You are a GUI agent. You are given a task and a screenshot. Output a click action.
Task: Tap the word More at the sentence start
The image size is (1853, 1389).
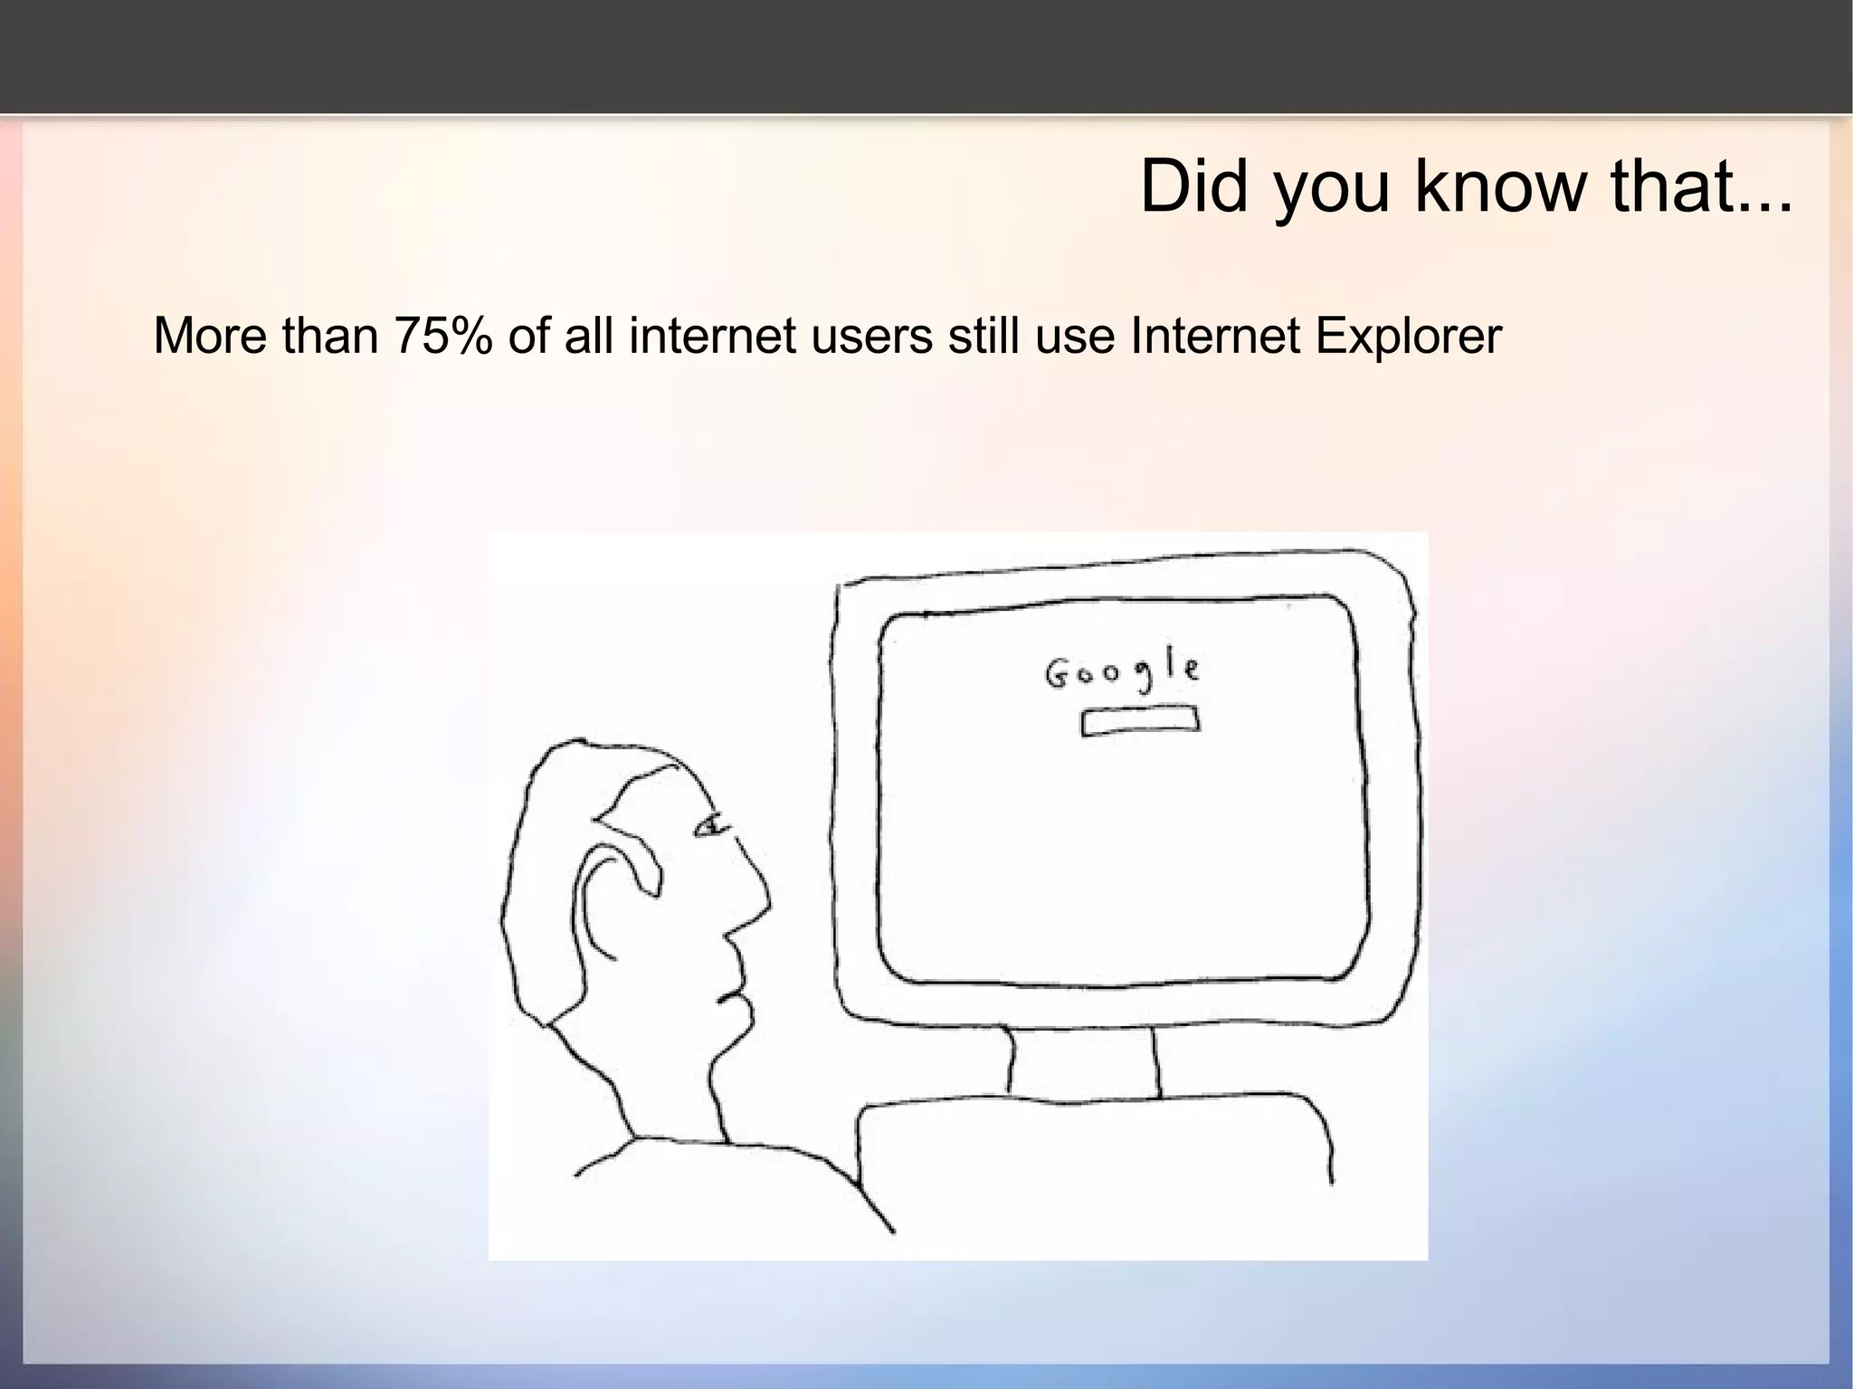click(x=212, y=337)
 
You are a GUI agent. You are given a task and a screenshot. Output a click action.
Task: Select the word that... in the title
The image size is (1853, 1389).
click(x=1701, y=186)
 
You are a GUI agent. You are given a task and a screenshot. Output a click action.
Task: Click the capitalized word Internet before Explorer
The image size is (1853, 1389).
click(x=1216, y=337)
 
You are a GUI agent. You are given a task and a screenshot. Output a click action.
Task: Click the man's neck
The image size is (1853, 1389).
click(x=670, y=1086)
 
